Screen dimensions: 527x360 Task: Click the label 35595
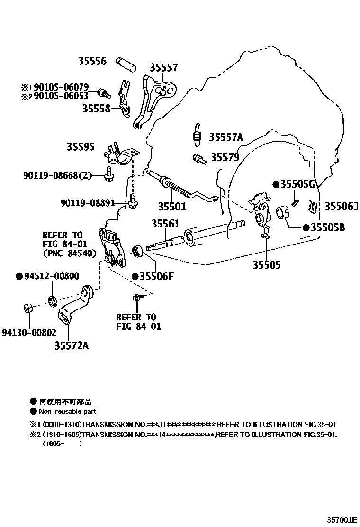pyautogui.click(x=81, y=147)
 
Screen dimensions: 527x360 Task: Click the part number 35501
pyautogui.click(x=172, y=207)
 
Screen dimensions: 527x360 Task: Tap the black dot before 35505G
pyautogui.click(x=275, y=183)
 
